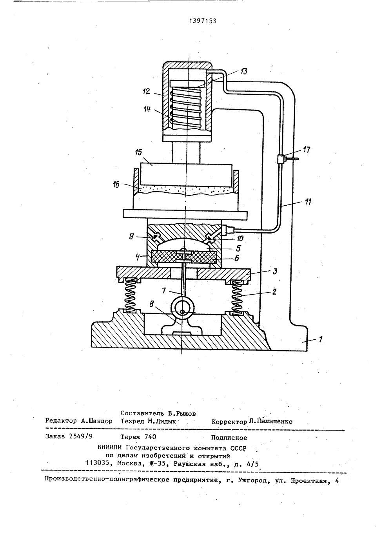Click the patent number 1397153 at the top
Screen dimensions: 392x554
coord(203,21)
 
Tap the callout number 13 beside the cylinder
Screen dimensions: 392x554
coord(243,71)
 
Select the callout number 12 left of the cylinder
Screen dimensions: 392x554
coord(147,91)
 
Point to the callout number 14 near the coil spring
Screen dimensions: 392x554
coord(147,109)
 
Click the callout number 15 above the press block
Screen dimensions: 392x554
coord(139,152)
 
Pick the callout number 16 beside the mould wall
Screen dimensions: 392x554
coord(116,184)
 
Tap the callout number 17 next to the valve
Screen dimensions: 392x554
coord(307,150)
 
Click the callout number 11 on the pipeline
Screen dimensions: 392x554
coord(308,202)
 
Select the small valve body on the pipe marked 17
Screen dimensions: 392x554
coord(281,159)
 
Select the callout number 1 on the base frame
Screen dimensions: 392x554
coord(321,339)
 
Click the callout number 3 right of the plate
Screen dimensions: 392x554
coord(275,272)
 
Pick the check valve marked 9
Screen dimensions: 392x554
coord(156,237)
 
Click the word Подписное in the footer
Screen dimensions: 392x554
coord(229,438)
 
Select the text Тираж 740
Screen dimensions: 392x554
coord(138,437)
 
